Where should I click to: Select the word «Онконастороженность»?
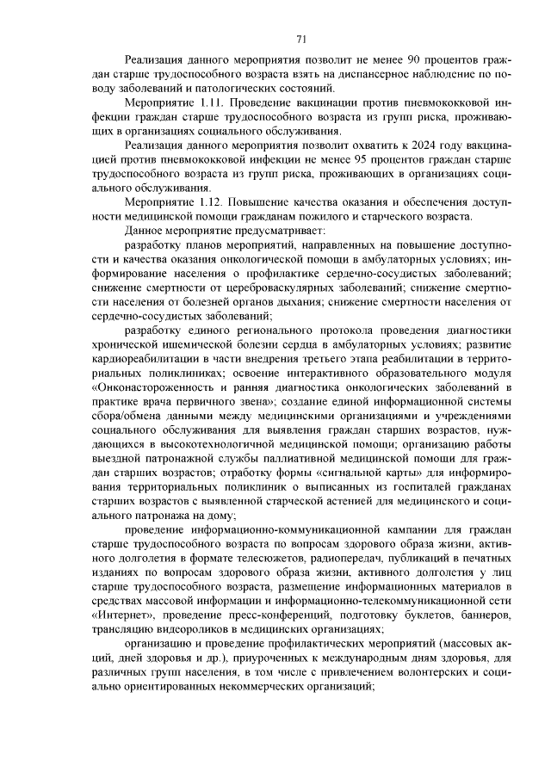155,387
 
